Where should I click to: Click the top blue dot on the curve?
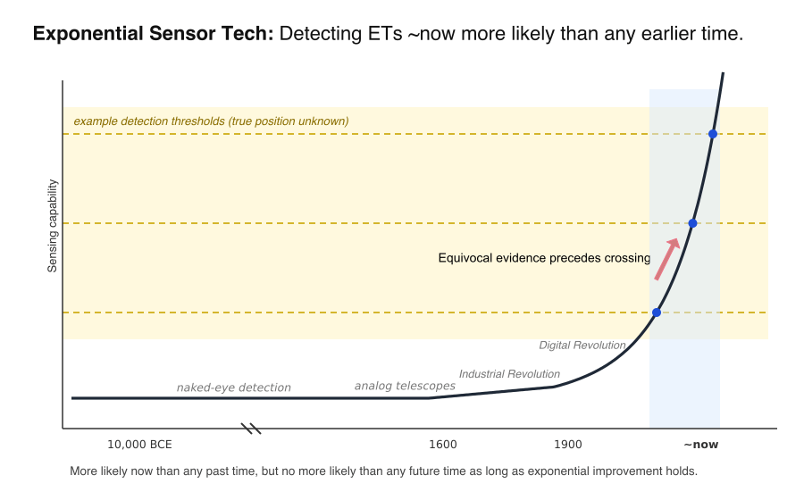712,134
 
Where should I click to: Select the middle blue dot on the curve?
692,223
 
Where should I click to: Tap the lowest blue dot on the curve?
657,312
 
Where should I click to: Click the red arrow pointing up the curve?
667,259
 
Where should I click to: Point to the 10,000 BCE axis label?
139,445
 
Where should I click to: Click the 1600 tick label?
442,445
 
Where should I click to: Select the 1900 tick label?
567,445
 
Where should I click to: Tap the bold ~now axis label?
701,445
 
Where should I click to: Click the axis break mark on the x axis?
251,429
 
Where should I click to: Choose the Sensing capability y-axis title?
53,225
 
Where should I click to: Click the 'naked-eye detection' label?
234,387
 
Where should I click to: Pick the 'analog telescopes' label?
405,386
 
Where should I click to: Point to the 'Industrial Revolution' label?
509,374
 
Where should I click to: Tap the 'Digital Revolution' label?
582,346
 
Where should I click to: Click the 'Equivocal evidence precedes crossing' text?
544,258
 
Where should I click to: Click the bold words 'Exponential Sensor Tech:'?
154,34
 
